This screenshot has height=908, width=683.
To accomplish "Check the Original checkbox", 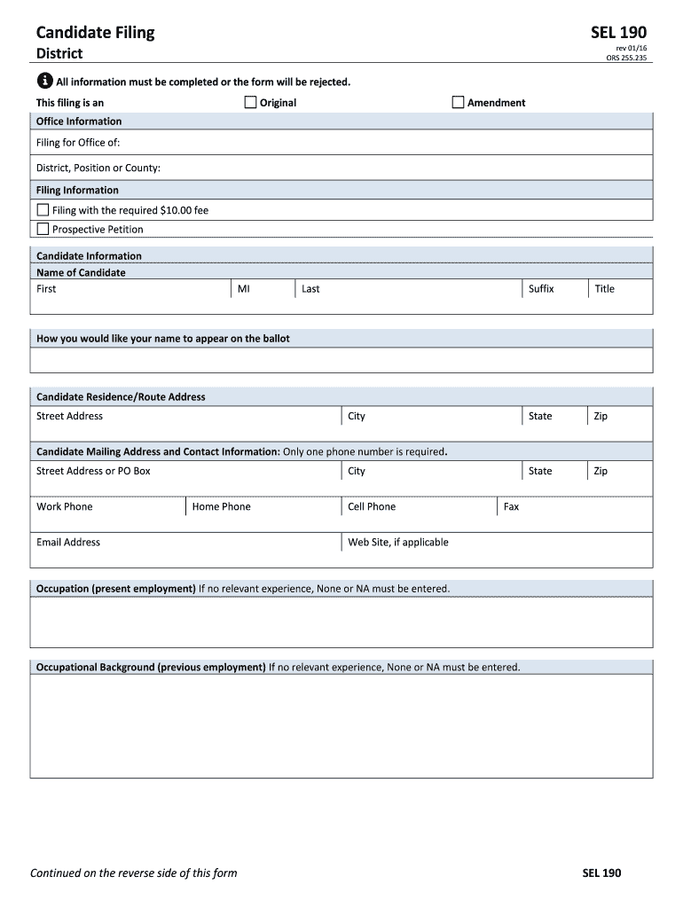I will (250, 102).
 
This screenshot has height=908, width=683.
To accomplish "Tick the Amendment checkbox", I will (458, 102).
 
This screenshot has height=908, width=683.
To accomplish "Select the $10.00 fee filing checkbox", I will (43, 210).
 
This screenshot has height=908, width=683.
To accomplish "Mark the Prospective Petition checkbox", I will (43, 229).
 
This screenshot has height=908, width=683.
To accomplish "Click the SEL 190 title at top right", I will (618, 34).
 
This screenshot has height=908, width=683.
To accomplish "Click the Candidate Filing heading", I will (95, 33).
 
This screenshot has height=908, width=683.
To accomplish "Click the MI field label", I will (243, 289).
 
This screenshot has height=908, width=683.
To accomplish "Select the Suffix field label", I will (540, 289).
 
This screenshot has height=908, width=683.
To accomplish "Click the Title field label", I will (604, 289).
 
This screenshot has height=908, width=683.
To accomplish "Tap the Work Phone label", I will (64, 507).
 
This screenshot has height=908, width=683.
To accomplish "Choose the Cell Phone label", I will (372, 507).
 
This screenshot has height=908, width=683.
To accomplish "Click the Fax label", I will (511, 507).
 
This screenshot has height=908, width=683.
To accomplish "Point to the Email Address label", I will (68, 543).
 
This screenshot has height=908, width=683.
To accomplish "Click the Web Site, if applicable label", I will (397, 543).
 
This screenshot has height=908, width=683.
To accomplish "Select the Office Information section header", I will (79, 121).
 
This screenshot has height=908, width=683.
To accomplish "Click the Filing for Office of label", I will (78, 143).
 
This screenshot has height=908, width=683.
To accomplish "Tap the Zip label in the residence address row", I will (601, 417).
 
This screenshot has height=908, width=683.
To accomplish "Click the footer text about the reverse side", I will (134, 873).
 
